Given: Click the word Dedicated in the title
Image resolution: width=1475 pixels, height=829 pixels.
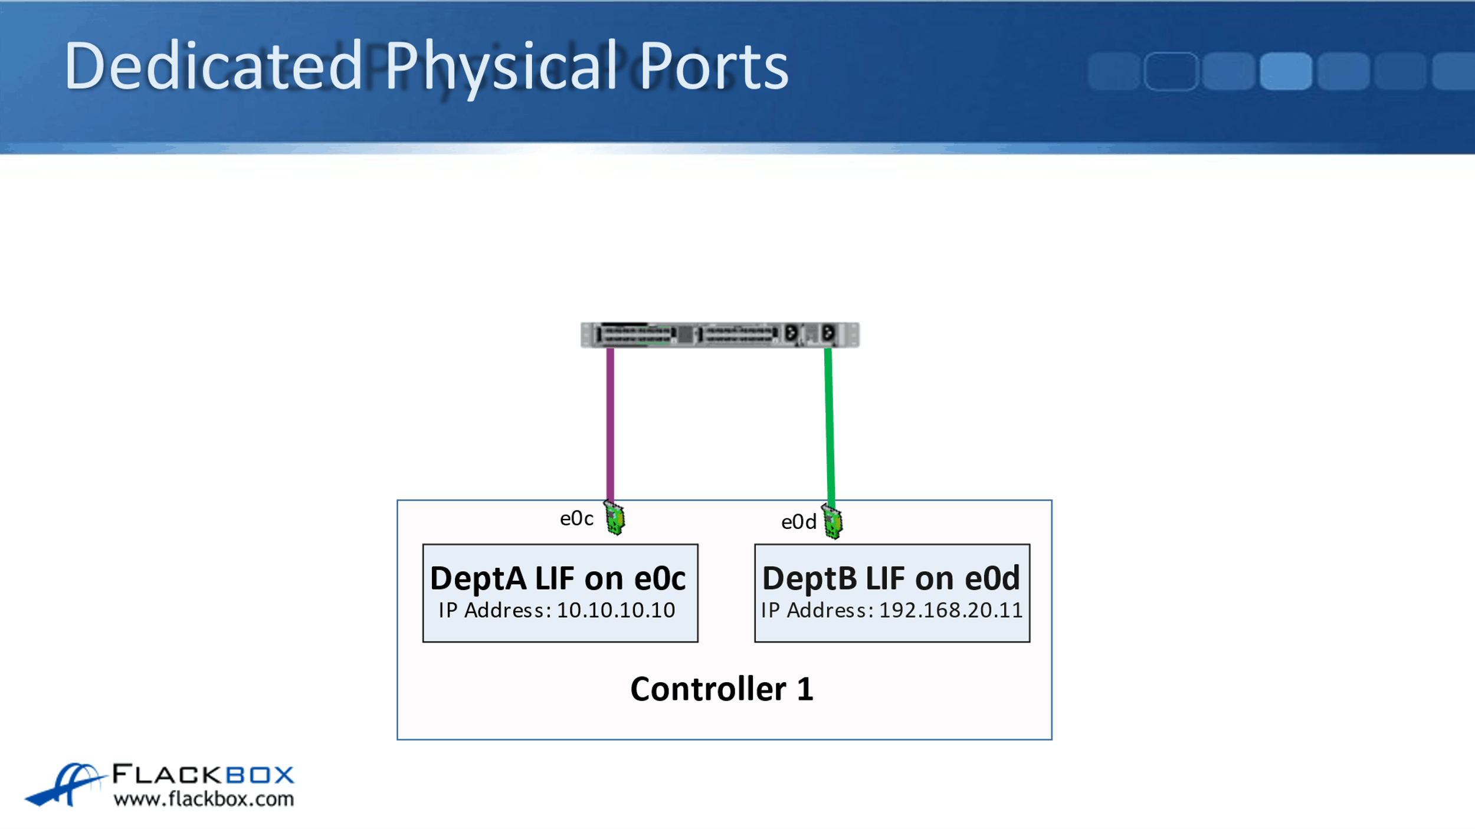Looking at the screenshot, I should coord(212,66).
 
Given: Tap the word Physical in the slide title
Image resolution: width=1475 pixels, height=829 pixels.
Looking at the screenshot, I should coord(501,66).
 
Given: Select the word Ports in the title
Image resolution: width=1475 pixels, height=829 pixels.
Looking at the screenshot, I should coord(714,66).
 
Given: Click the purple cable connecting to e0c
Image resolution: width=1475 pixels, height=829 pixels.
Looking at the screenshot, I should coord(610,425).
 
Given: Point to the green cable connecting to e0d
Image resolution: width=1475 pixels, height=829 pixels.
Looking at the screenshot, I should coord(830,425).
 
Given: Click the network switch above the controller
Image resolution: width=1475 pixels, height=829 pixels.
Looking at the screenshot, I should coord(720,335).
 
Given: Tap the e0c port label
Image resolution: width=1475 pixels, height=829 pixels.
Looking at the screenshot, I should coord(576,518).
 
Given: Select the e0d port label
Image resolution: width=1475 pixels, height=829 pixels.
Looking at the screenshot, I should coord(798,522).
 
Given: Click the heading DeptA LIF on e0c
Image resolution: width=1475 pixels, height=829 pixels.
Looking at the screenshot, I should coord(558,578).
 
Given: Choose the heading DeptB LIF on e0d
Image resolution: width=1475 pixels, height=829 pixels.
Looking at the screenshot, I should coord(891,578).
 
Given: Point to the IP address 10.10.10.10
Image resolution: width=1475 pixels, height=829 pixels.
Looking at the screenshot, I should coord(615,610).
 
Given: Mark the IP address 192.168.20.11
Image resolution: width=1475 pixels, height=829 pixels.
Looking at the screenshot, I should coord(950,610).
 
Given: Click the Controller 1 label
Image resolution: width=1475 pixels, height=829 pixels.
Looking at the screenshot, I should coord(722,689).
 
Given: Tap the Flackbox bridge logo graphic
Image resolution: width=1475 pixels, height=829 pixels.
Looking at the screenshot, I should coord(65,784).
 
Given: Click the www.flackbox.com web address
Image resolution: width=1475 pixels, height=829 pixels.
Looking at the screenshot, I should coord(204,799).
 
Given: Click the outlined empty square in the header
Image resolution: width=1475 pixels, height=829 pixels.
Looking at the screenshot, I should coord(1171,71).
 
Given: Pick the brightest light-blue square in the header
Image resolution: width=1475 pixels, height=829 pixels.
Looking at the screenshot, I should coord(1286,71).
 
